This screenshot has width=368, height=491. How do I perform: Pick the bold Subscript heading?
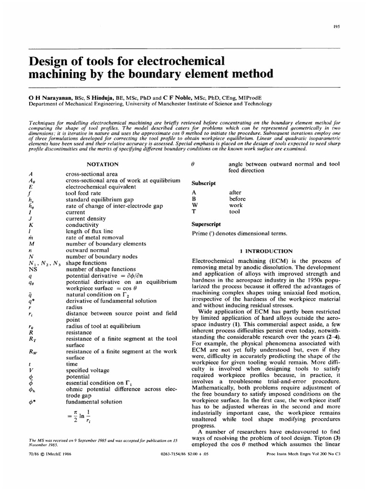pyautogui.click(x=204, y=183)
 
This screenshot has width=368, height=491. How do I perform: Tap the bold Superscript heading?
pyautogui.click(x=207, y=224)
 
